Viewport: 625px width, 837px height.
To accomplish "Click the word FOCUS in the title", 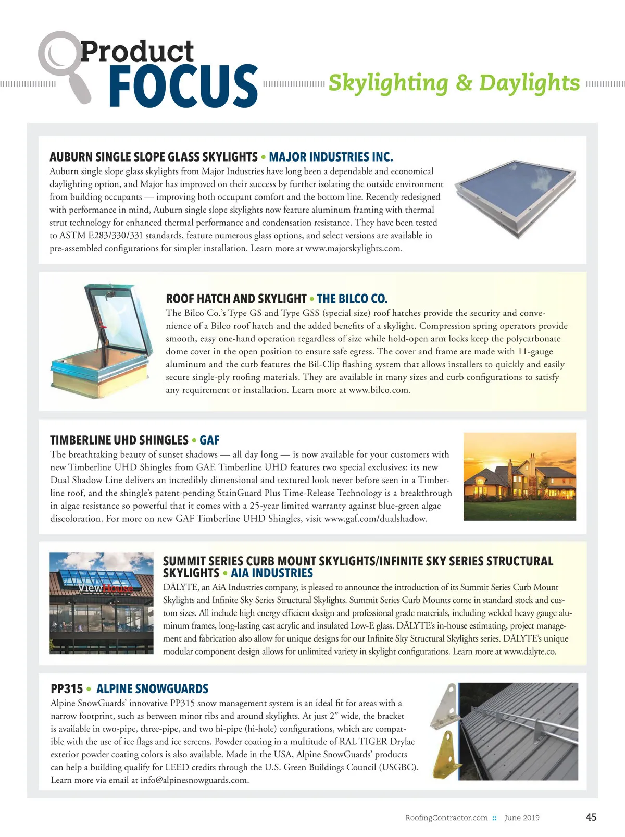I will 183,87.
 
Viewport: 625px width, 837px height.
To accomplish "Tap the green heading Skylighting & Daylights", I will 454,83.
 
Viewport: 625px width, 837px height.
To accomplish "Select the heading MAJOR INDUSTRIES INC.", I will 331,157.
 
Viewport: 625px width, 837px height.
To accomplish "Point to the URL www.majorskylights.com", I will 353,249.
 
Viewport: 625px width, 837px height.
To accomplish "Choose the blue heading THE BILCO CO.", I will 352,299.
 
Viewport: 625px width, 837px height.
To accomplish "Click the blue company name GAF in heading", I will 209,440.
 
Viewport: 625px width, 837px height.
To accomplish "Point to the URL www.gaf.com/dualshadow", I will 375,519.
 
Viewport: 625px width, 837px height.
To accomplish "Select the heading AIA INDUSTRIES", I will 271,573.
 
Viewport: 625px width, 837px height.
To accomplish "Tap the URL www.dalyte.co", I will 530,652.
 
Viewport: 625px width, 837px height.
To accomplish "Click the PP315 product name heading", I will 67,689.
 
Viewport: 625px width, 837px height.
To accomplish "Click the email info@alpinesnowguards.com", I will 194,780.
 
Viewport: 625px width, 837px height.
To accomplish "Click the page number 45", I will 591,817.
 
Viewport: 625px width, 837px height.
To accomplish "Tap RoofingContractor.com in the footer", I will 446,818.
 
